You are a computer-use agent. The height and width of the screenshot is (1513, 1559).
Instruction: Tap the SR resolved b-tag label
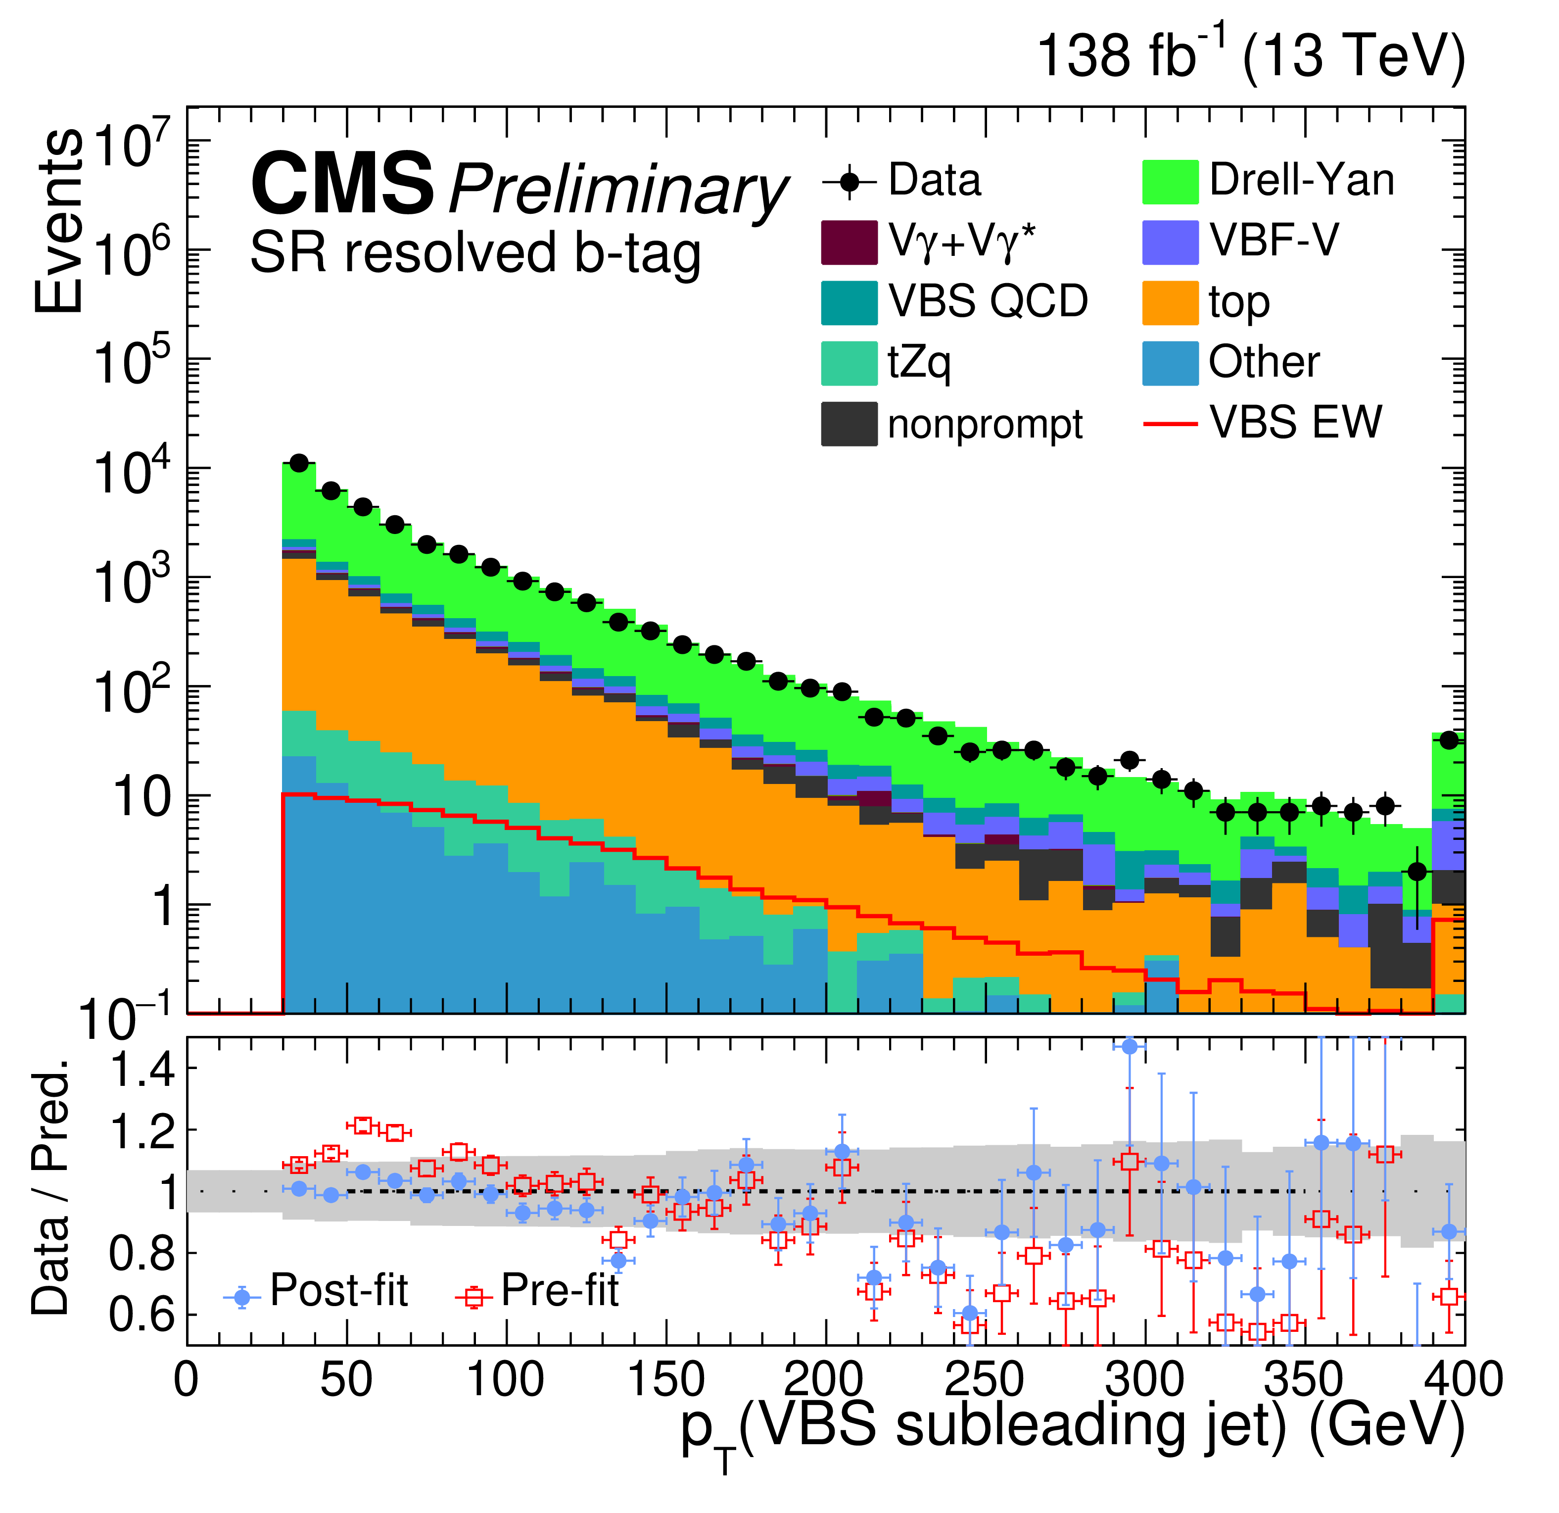coord(475,253)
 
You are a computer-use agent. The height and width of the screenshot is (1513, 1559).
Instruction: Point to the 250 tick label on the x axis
coord(984,1380)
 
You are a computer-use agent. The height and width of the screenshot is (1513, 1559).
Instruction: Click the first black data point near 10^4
coord(299,463)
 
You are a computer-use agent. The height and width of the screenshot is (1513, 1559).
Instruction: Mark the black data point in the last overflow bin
coord(1449,740)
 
